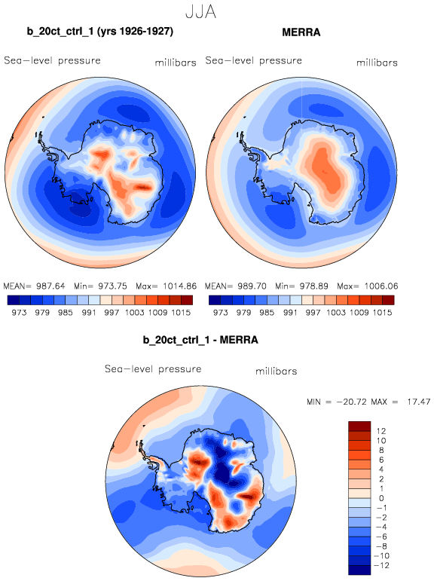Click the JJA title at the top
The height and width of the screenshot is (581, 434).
click(x=200, y=12)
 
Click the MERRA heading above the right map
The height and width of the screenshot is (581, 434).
click(x=301, y=32)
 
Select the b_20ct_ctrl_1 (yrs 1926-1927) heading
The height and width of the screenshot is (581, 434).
click(x=100, y=32)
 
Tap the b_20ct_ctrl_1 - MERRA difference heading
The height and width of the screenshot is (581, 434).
click(x=200, y=340)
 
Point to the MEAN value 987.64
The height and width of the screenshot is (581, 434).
click(x=50, y=286)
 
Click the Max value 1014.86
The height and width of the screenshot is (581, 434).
click(x=179, y=286)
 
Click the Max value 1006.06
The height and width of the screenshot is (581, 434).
click(x=381, y=286)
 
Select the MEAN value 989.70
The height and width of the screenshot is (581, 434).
click(x=252, y=286)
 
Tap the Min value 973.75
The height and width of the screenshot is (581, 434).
click(x=112, y=286)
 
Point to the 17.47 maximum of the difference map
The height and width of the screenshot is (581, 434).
click(x=419, y=402)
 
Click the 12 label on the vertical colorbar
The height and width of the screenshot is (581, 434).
click(x=381, y=431)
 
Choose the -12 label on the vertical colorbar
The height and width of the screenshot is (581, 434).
click(x=381, y=565)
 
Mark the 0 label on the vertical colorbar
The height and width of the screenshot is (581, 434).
click(x=381, y=498)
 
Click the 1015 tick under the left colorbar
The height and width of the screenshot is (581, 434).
click(x=181, y=313)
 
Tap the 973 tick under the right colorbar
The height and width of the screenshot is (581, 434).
click(x=220, y=313)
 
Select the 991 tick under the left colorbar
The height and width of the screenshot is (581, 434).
click(x=89, y=313)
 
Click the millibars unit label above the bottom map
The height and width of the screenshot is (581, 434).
click(x=276, y=371)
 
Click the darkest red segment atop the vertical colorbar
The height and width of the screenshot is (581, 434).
click(x=359, y=426)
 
